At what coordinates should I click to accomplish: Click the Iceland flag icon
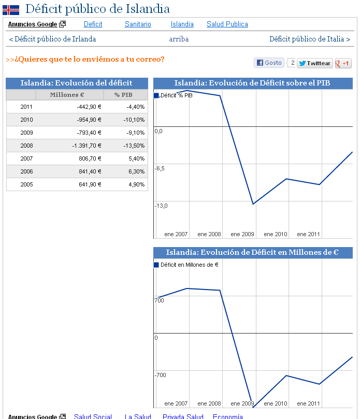click(x=11, y=9)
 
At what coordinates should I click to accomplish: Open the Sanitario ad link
click(x=138, y=24)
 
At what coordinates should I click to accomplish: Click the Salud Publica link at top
click(x=227, y=24)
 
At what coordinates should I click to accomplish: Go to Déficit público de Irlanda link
click(x=52, y=39)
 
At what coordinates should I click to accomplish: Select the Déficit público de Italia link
click(x=309, y=39)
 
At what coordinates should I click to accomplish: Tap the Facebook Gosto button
click(x=269, y=63)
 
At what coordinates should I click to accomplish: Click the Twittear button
click(x=315, y=63)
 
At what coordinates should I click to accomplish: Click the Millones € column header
click(x=67, y=95)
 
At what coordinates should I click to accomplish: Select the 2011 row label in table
click(x=26, y=107)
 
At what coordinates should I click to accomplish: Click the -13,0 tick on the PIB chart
click(x=161, y=206)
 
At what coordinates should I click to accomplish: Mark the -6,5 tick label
click(x=160, y=169)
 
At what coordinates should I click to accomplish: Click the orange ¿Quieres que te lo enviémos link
click(x=85, y=59)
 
